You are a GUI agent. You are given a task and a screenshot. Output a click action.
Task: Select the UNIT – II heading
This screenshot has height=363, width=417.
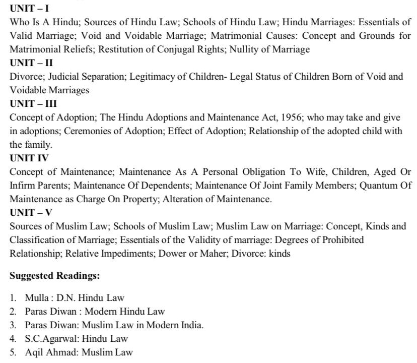(32, 64)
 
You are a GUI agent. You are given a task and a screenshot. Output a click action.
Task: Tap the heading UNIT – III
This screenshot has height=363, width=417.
(33, 104)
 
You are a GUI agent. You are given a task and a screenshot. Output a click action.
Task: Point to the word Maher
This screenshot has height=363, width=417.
(212, 254)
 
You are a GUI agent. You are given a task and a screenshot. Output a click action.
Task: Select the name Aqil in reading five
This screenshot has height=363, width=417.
(34, 352)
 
